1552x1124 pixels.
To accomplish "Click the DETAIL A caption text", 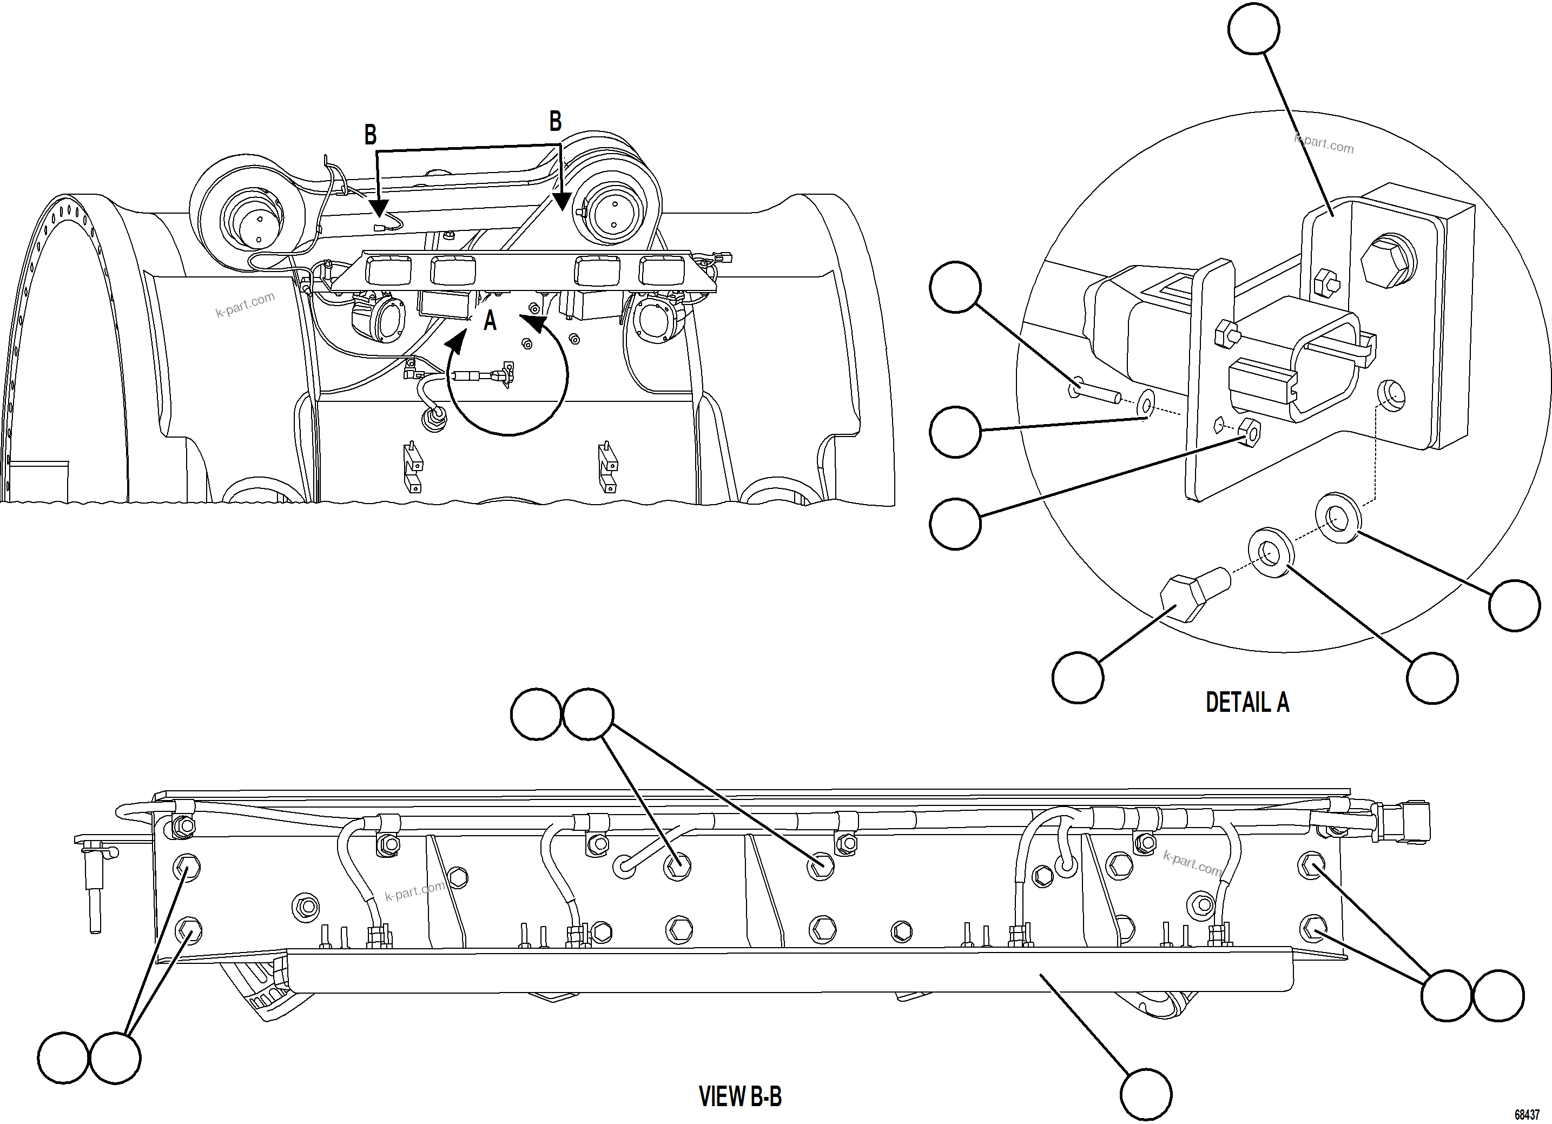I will [1247, 703].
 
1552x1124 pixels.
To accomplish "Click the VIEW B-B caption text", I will [739, 1096].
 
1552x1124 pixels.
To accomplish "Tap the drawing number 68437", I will [1527, 1114].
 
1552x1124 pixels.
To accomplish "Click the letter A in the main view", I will [490, 321].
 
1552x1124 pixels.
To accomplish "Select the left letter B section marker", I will [370, 135].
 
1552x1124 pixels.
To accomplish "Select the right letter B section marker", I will [555, 122].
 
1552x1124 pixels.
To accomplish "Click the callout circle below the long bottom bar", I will [1146, 1094].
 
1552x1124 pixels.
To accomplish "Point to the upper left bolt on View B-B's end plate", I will [186, 868].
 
